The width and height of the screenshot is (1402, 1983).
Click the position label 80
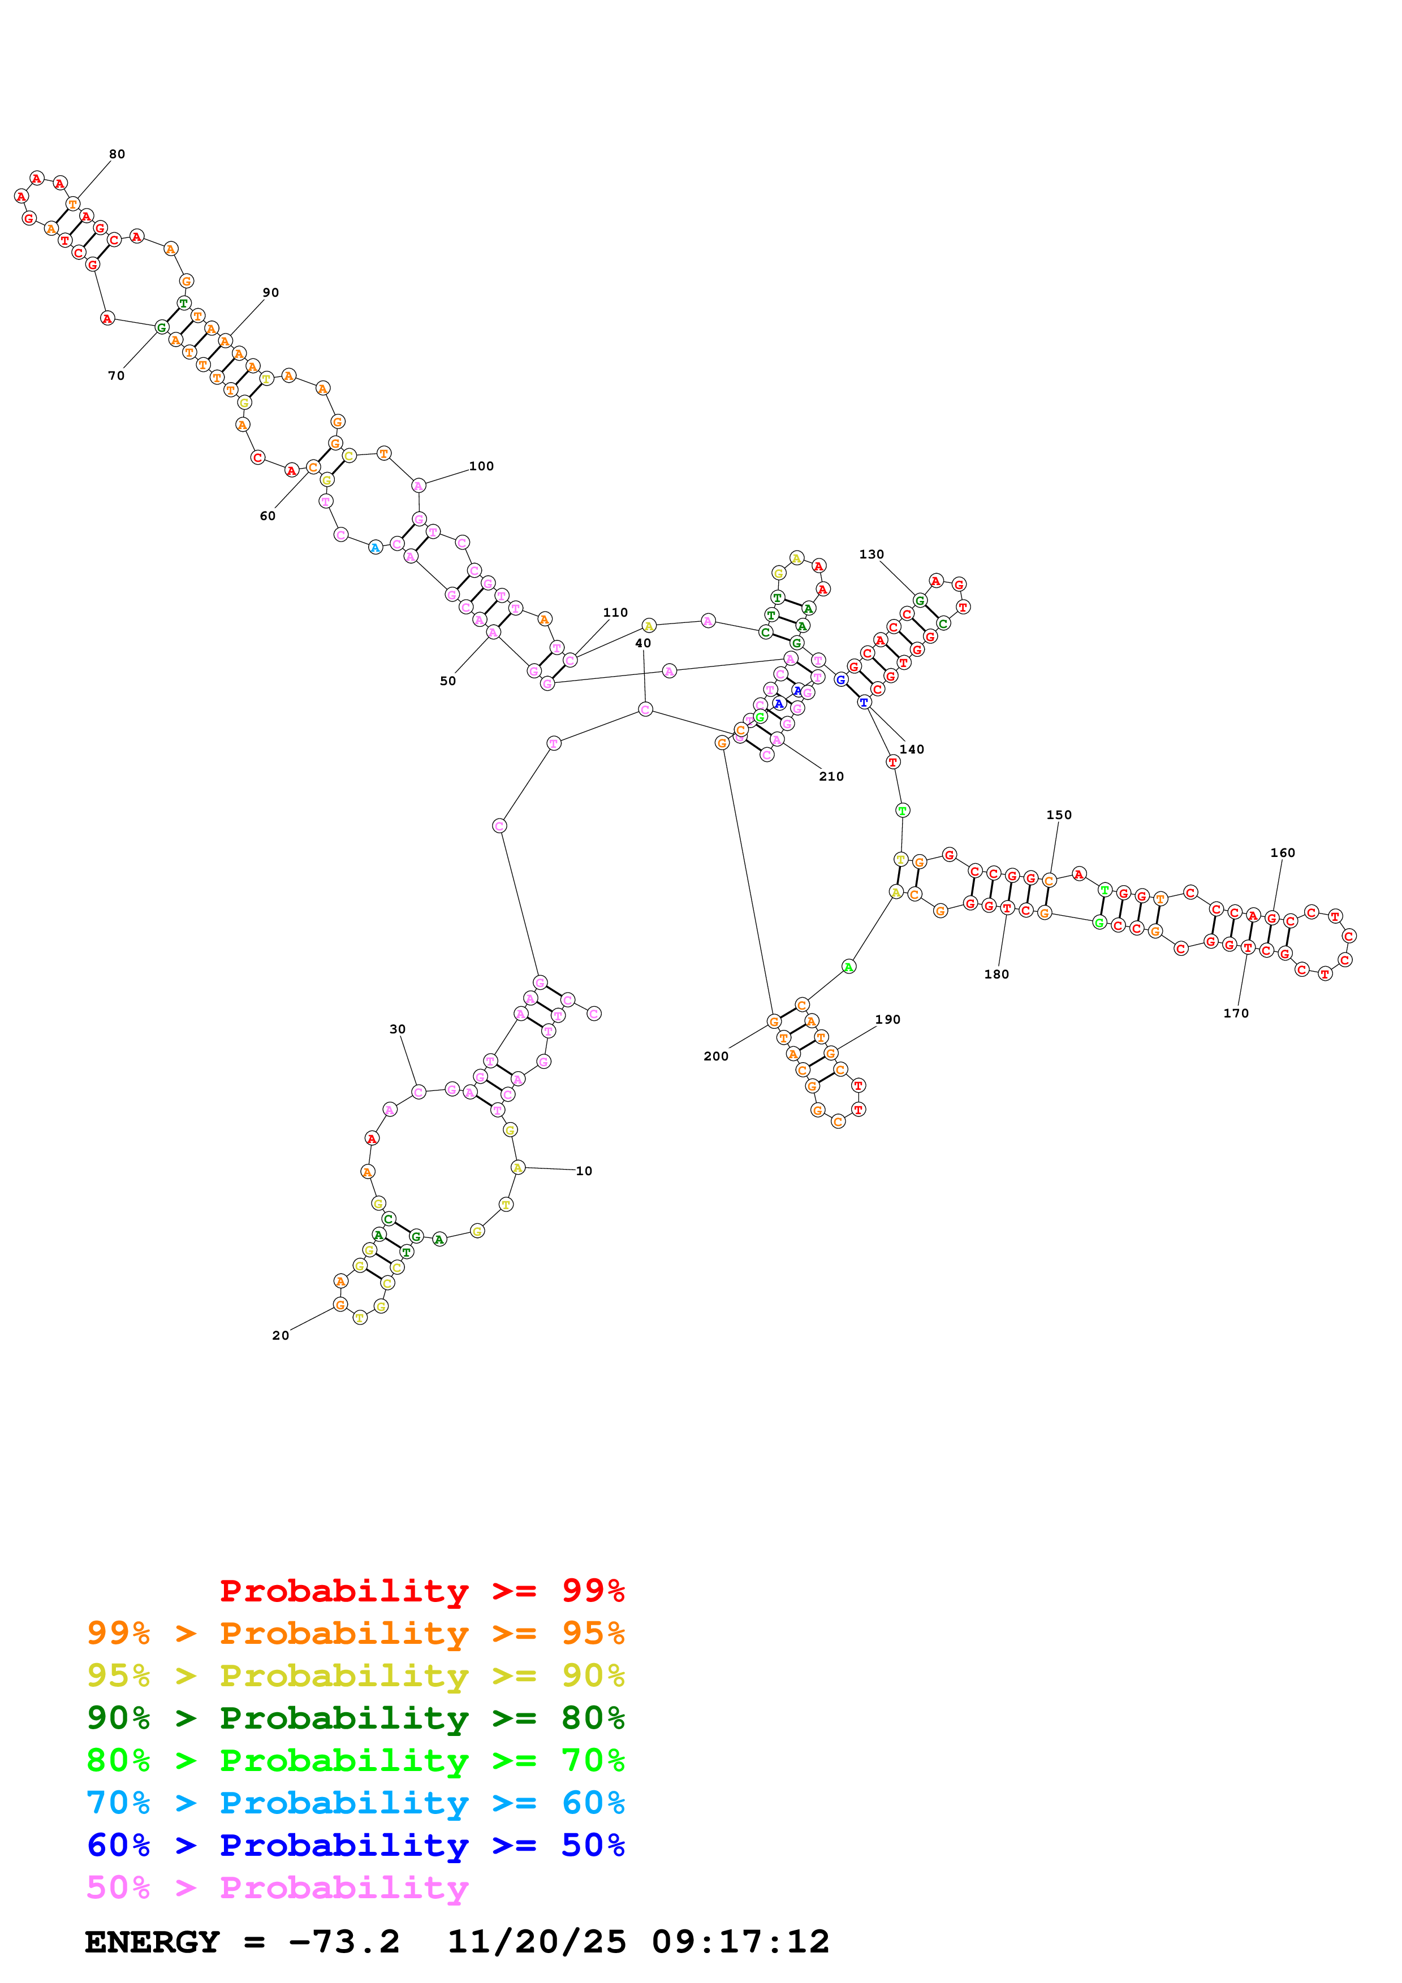117,154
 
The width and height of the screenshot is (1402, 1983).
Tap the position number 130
871,555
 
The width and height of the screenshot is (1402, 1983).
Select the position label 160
1282,852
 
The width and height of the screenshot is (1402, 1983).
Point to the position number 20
281,1335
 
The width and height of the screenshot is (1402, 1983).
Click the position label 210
831,777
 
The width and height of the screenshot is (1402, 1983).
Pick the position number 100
481,466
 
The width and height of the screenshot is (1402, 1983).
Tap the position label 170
1235,1013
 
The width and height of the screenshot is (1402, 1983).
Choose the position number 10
584,1171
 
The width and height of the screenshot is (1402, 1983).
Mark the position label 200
715,1057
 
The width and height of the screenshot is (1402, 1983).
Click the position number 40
642,643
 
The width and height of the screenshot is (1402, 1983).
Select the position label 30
398,1029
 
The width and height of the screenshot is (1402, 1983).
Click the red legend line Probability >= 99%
421,1591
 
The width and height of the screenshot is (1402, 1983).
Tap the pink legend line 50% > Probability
277,1888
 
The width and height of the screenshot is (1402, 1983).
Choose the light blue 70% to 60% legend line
355,1803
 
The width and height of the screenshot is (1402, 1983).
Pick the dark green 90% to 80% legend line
355,1718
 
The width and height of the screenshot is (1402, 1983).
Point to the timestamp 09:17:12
740,1942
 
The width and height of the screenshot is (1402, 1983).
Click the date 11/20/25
537,1942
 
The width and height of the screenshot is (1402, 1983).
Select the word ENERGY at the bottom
152,1942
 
